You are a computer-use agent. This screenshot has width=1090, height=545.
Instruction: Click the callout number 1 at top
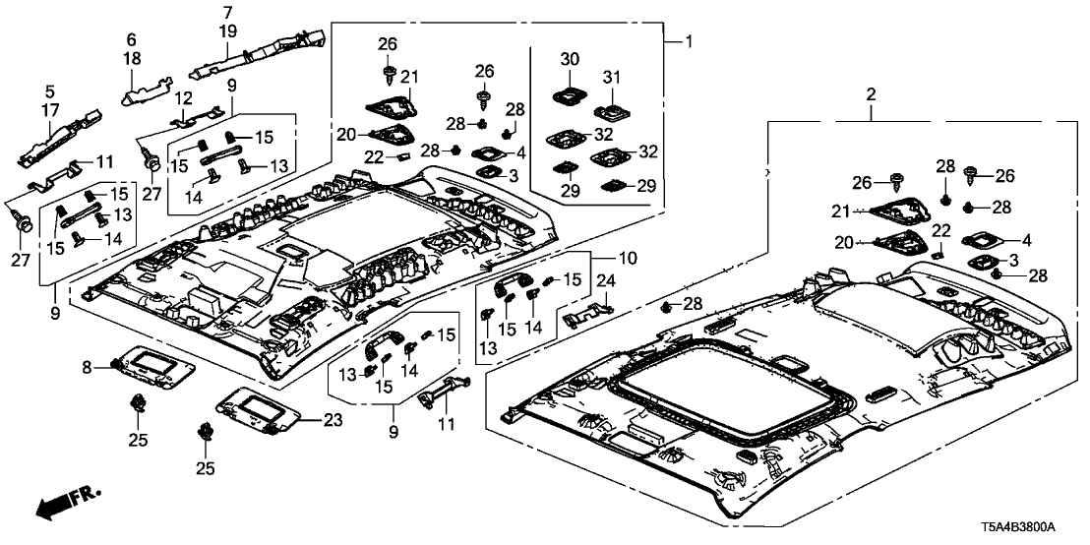[x=690, y=41]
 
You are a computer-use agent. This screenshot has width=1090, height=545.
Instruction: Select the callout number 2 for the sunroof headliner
[x=871, y=94]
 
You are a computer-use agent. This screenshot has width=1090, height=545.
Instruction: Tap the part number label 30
[x=570, y=59]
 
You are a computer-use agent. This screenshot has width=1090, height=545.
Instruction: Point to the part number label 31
[x=611, y=77]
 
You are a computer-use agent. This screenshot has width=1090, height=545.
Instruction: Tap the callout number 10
[x=626, y=258]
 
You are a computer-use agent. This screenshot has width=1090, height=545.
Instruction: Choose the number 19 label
[x=228, y=31]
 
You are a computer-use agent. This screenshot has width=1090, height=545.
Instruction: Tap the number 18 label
[x=131, y=61]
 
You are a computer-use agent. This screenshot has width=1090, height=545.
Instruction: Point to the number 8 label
[x=87, y=367]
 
